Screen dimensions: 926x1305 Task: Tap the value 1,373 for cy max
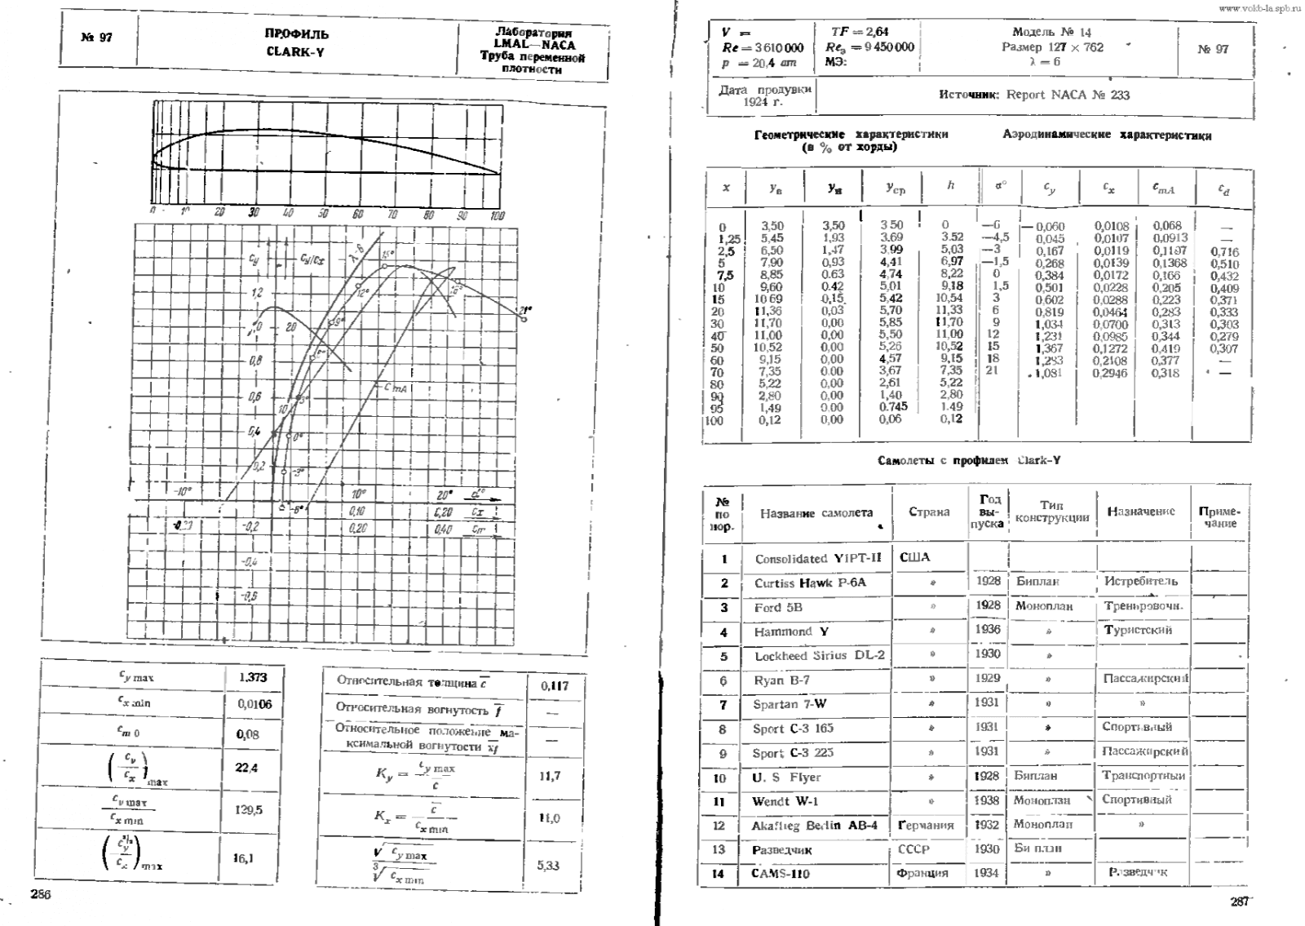[253, 678]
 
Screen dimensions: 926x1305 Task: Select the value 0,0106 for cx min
[254, 704]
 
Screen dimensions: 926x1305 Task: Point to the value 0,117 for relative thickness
[555, 686]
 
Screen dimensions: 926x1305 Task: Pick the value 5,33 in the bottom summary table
[548, 866]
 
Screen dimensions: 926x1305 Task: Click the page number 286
[41, 895]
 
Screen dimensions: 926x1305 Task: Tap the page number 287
[1239, 902]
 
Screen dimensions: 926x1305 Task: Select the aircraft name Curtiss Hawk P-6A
[810, 583]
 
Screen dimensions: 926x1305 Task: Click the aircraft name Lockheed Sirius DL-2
[819, 656]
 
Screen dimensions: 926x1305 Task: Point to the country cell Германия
[926, 826]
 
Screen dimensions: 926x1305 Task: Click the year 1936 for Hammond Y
[987, 630]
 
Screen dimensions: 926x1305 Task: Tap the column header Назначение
[1140, 512]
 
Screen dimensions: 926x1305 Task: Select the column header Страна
[929, 512]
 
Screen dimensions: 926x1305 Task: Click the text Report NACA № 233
[1068, 95]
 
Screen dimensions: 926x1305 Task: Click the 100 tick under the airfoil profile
[498, 215]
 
